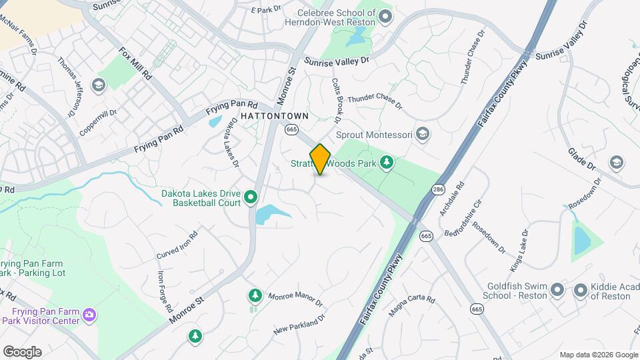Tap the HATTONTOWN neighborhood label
click(275, 116)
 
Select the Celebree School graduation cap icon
click(385, 16)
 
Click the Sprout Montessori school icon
click(422, 135)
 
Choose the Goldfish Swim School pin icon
click(558, 290)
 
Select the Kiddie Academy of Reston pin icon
click(580, 290)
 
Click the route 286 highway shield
click(437, 189)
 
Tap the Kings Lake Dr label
click(519, 250)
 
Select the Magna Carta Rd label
click(411, 307)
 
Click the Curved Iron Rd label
click(177, 246)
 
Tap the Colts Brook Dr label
click(337, 101)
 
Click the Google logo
click(22, 352)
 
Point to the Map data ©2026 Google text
click(599, 355)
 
